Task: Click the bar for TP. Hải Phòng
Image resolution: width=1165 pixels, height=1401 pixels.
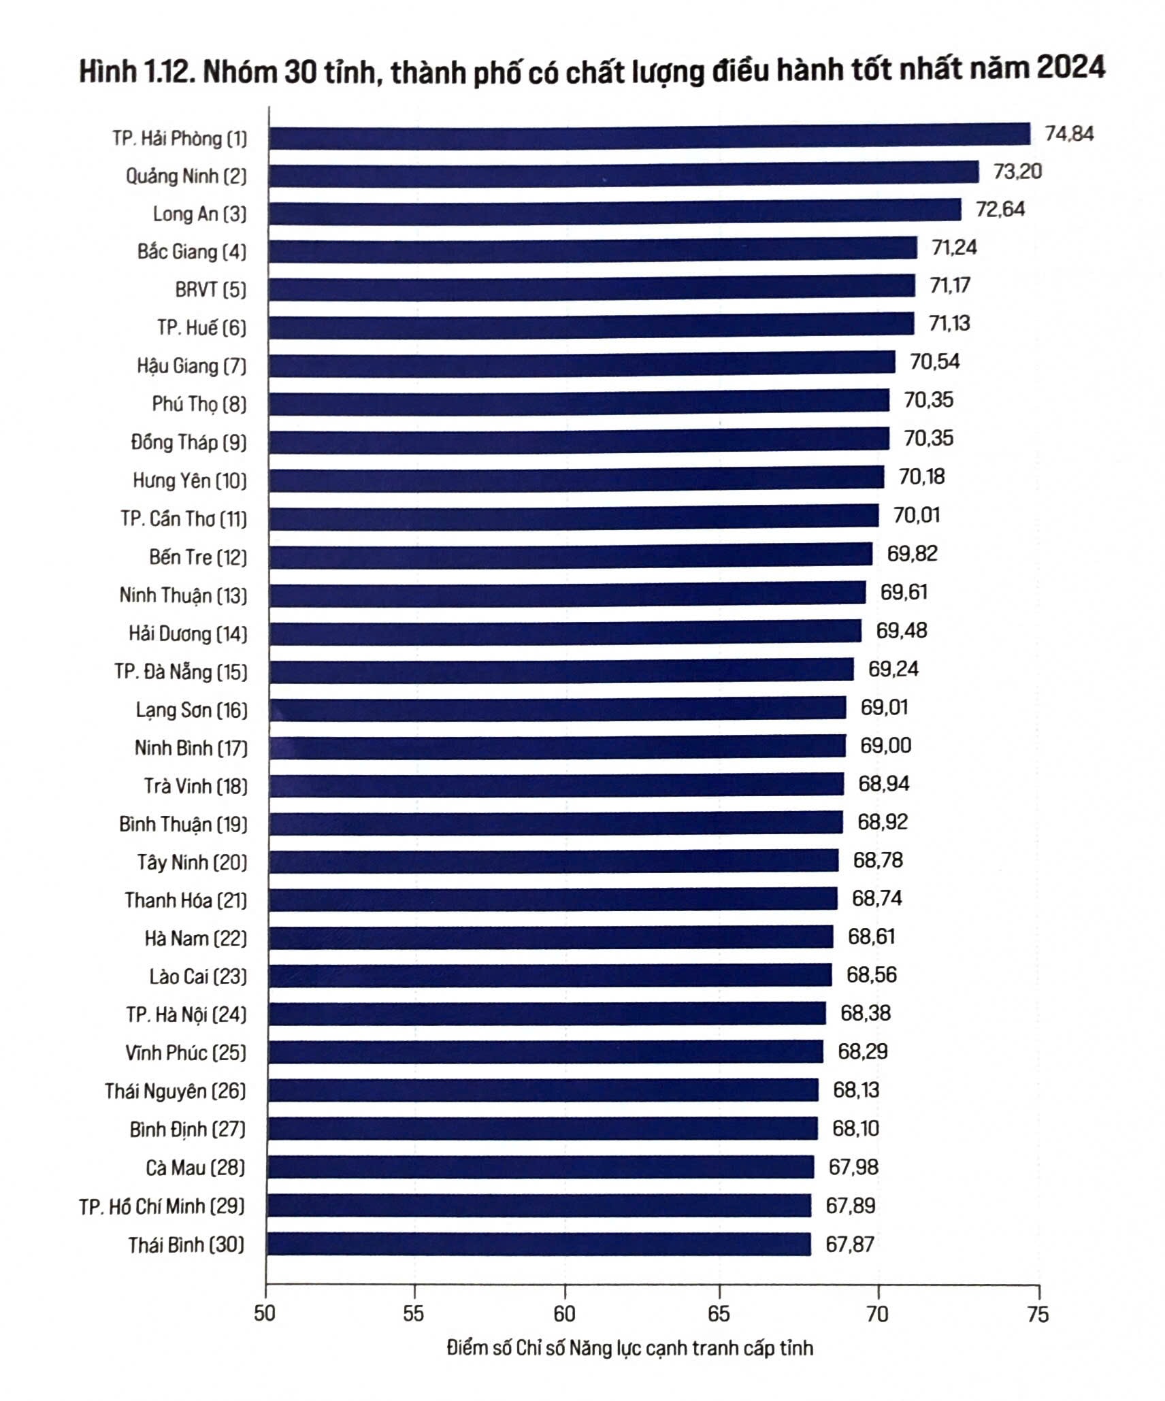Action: (649, 136)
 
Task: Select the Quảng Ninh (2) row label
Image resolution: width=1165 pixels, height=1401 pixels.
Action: (186, 176)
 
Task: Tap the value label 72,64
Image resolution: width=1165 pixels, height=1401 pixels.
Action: (1000, 209)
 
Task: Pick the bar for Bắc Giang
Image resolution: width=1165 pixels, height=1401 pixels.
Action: (592, 249)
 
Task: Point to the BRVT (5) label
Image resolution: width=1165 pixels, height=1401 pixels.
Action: (210, 290)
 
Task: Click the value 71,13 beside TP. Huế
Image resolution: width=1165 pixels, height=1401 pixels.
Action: (949, 323)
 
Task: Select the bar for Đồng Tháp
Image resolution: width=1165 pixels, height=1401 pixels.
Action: (578, 439)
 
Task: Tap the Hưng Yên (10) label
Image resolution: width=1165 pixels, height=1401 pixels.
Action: (189, 481)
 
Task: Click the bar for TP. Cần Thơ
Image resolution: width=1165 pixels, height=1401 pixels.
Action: (573, 516)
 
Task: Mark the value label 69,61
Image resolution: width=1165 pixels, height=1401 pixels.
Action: (904, 592)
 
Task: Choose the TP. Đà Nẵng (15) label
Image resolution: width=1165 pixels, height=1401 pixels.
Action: (180, 672)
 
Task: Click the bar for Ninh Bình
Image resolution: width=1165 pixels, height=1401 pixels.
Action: (557, 746)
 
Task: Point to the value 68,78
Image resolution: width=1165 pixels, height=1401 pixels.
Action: (878, 860)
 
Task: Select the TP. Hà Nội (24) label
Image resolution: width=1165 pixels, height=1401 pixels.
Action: (186, 1015)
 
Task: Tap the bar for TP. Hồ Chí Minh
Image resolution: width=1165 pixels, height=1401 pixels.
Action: (539, 1206)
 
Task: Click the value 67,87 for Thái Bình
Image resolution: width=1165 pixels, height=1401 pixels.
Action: (850, 1245)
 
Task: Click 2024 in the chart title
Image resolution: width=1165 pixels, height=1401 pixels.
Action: (1070, 69)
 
